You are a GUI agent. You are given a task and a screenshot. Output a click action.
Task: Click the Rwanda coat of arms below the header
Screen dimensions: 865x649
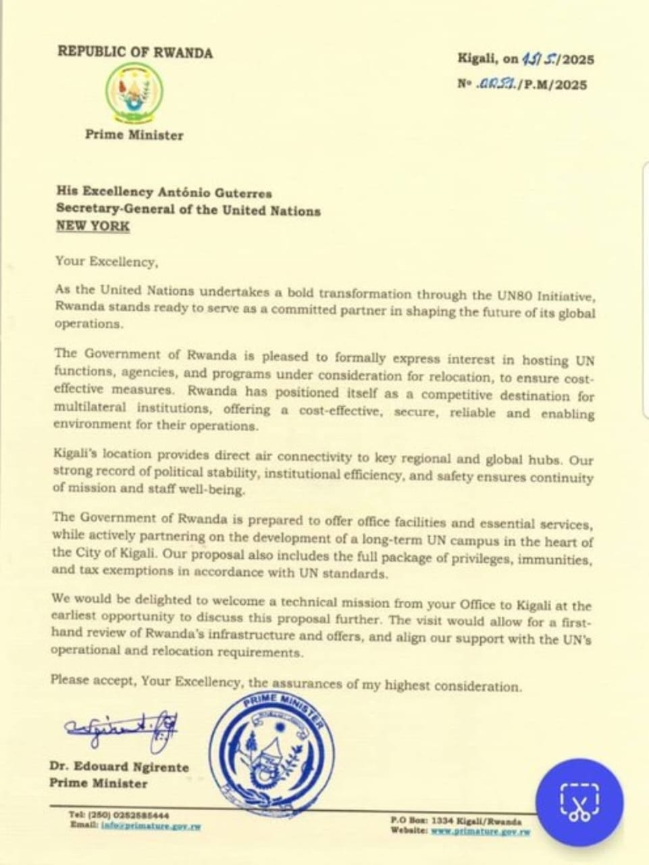(134, 93)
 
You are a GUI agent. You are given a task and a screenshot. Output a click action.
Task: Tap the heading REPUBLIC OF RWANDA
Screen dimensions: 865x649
(135, 52)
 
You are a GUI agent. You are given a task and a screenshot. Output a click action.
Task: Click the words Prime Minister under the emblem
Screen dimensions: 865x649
(134, 134)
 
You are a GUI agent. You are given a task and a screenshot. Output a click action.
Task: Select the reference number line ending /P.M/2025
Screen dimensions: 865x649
(522, 84)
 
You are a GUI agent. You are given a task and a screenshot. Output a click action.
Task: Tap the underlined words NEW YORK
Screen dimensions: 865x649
(93, 226)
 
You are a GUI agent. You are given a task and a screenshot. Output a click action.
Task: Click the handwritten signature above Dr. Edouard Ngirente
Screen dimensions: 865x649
(122, 729)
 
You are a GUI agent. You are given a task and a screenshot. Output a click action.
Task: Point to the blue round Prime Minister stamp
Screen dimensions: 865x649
(272, 750)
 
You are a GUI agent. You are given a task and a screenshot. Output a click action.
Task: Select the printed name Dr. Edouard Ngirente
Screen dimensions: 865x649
(119, 767)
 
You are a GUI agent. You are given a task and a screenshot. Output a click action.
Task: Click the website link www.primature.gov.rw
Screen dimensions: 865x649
(480, 831)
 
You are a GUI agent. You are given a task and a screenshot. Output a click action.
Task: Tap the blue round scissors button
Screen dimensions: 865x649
(579, 801)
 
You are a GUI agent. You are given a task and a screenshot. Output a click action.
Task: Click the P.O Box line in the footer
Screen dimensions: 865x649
(456, 820)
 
